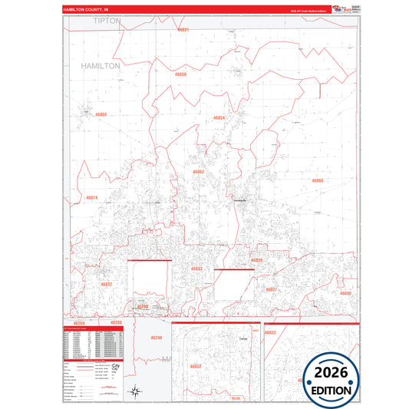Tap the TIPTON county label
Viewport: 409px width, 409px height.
click(x=107, y=21)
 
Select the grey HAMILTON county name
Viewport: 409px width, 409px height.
click(x=101, y=67)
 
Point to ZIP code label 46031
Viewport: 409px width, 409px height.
click(x=183, y=29)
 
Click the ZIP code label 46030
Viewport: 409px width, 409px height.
click(x=180, y=74)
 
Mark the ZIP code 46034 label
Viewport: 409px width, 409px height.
click(x=219, y=118)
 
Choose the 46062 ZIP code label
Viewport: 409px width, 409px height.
click(x=199, y=172)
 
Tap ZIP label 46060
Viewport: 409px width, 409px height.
click(x=318, y=180)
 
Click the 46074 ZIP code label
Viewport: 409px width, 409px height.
click(x=92, y=198)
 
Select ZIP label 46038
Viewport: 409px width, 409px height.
click(x=256, y=260)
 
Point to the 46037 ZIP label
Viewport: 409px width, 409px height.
click(x=270, y=289)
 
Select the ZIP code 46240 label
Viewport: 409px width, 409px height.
click(x=157, y=338)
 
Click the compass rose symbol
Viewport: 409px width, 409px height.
click(x=135, y=391)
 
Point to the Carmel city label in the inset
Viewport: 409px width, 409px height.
click(x=223, y=338)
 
